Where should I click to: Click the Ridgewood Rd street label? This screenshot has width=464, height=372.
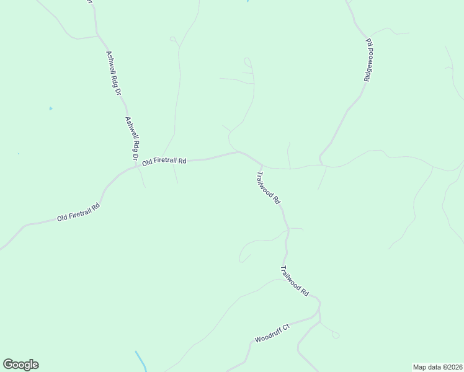368,60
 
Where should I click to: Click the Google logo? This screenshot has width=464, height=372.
20,365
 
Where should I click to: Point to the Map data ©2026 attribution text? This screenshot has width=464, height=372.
437,367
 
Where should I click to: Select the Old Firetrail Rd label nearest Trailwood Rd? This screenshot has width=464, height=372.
164,161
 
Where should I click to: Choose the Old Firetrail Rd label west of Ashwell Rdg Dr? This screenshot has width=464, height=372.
78,213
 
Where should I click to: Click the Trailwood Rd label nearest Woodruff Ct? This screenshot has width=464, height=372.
295,280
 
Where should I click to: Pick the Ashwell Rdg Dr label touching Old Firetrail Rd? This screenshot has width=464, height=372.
132,138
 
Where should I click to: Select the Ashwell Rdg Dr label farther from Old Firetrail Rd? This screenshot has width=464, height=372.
113,74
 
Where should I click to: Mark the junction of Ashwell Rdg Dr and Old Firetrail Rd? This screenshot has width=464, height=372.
137,166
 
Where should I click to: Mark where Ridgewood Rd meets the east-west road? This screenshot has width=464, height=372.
321,164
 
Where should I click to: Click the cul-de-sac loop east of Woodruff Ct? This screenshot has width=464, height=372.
336,335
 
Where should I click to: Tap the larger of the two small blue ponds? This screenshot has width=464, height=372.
51,109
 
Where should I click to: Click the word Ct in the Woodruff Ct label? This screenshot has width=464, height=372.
285,327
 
